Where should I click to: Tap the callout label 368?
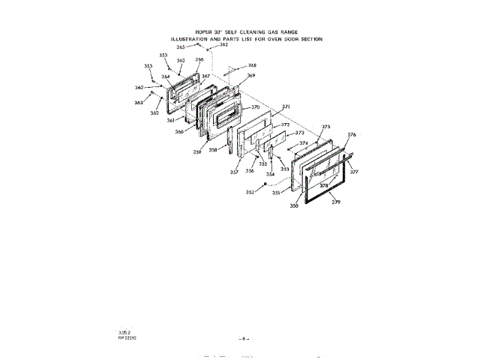[x=252, y=65]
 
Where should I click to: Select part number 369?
[x=251, y=76]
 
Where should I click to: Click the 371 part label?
[x=286, y=107]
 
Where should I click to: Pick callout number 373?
[x=299, y=132]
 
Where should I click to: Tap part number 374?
[x=303, y=143]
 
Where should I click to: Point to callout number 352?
[x=250, y=193]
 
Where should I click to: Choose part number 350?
[x=295, y=205]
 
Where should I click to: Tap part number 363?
[x=139, y=103]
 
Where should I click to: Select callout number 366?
[x=199, y=60]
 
